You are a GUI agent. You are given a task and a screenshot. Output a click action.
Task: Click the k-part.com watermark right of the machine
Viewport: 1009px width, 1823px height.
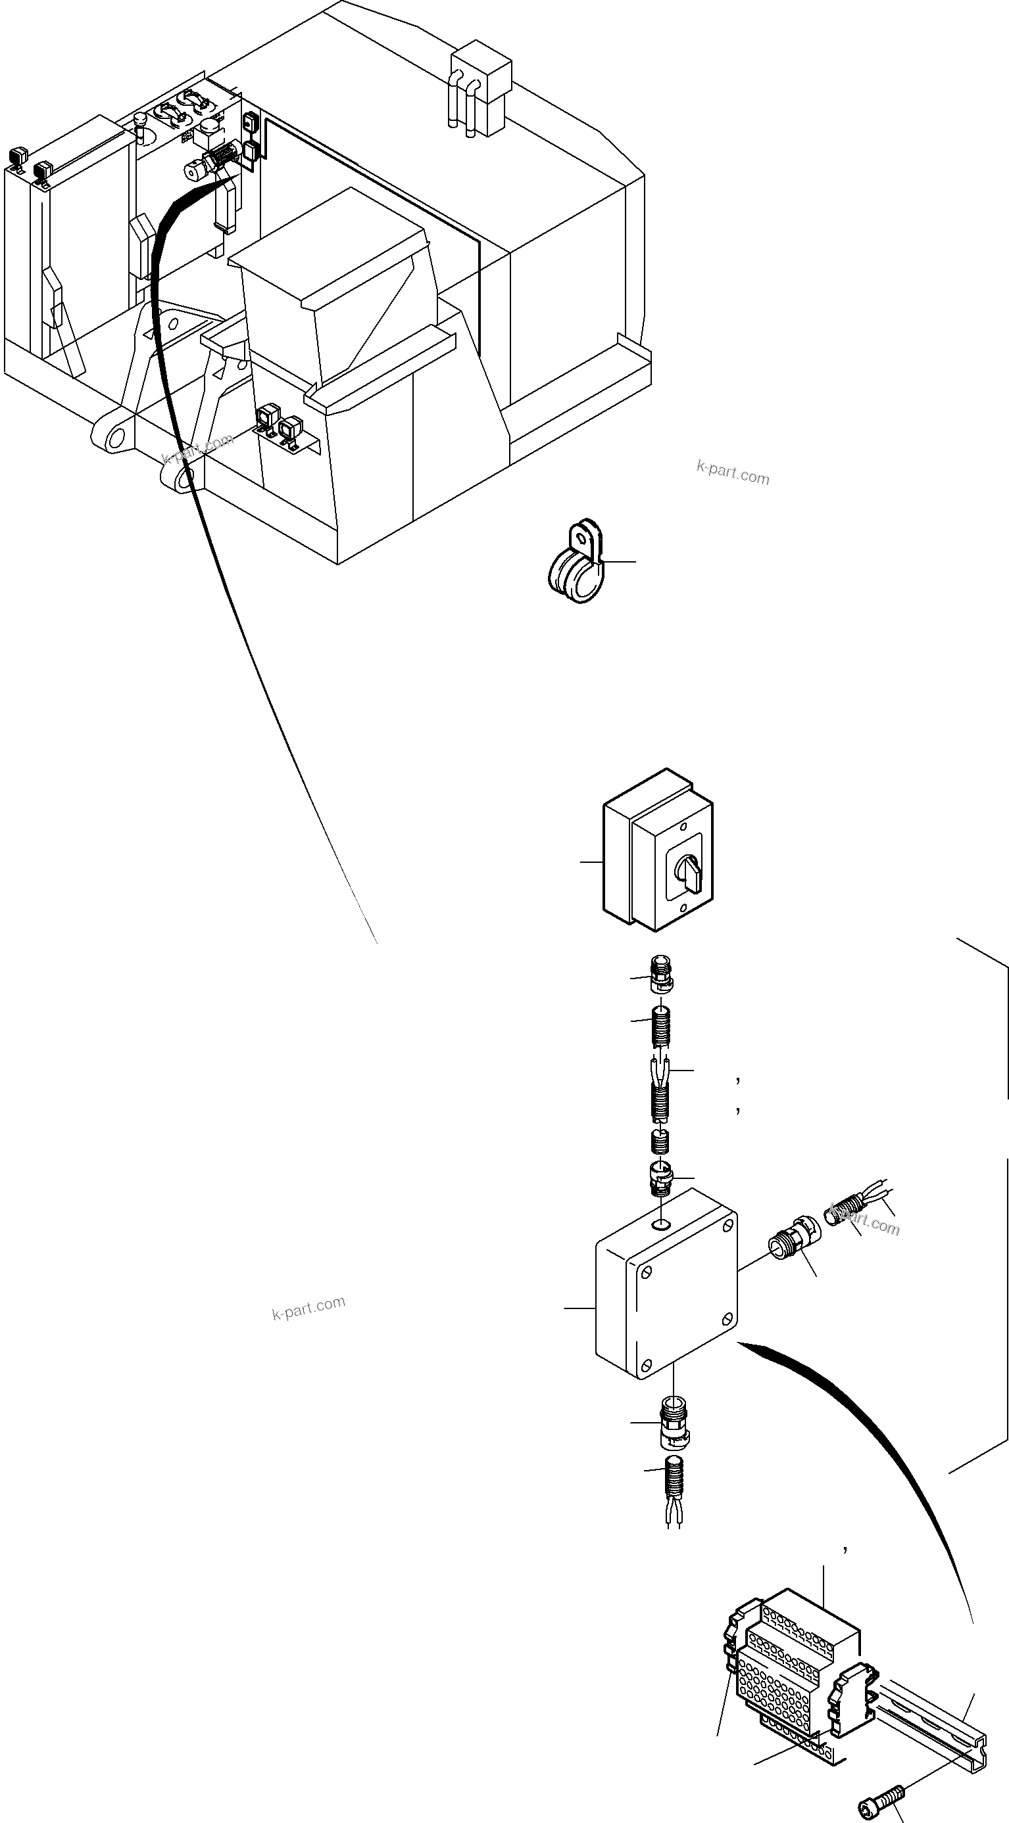[x=733, y=472]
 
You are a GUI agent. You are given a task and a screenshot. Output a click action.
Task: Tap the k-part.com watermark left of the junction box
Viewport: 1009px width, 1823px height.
[x=308, y=1308]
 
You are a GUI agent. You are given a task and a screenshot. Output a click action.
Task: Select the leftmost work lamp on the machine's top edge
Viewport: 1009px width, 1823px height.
[x=17, y=157]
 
